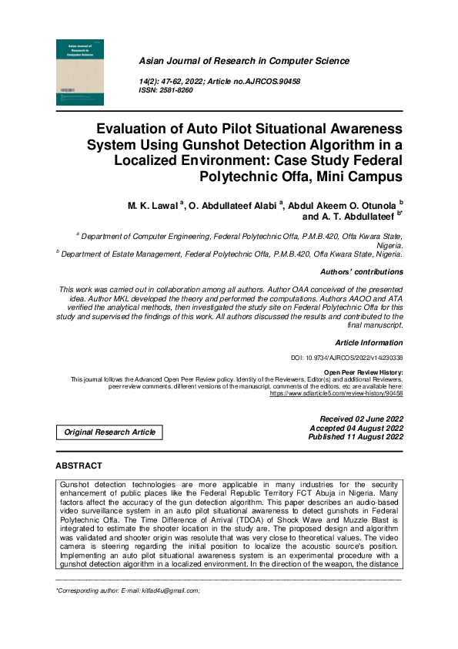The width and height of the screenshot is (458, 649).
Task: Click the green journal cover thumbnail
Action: tap(80, 72)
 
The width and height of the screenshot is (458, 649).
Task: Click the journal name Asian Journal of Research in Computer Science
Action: tap(243, 61)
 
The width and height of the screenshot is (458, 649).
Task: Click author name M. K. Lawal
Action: tap(153, 207)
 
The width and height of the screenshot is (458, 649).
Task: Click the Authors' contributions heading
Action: tap(361, 272)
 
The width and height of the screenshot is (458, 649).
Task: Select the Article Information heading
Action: tap(369, 341)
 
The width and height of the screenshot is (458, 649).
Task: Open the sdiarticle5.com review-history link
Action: tap(336, 393)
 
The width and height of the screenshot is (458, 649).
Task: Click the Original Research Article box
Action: tap(110, 432)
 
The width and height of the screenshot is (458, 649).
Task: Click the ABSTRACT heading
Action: tap(79, 466)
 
